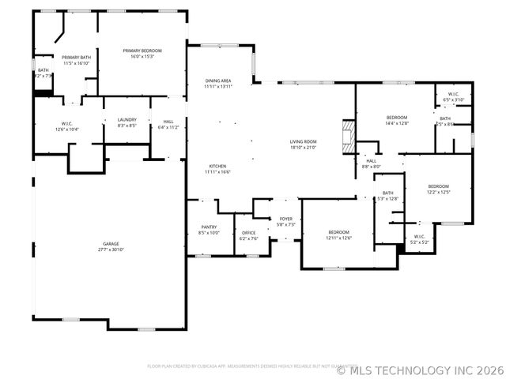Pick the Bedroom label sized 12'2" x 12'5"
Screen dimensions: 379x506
click(x=438, y=189)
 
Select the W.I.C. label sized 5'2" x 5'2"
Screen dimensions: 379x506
click(x=419, y=239)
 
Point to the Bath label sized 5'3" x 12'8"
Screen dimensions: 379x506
click(x=388, y=196)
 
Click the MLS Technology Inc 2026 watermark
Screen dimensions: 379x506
click(x=419, y=369)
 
